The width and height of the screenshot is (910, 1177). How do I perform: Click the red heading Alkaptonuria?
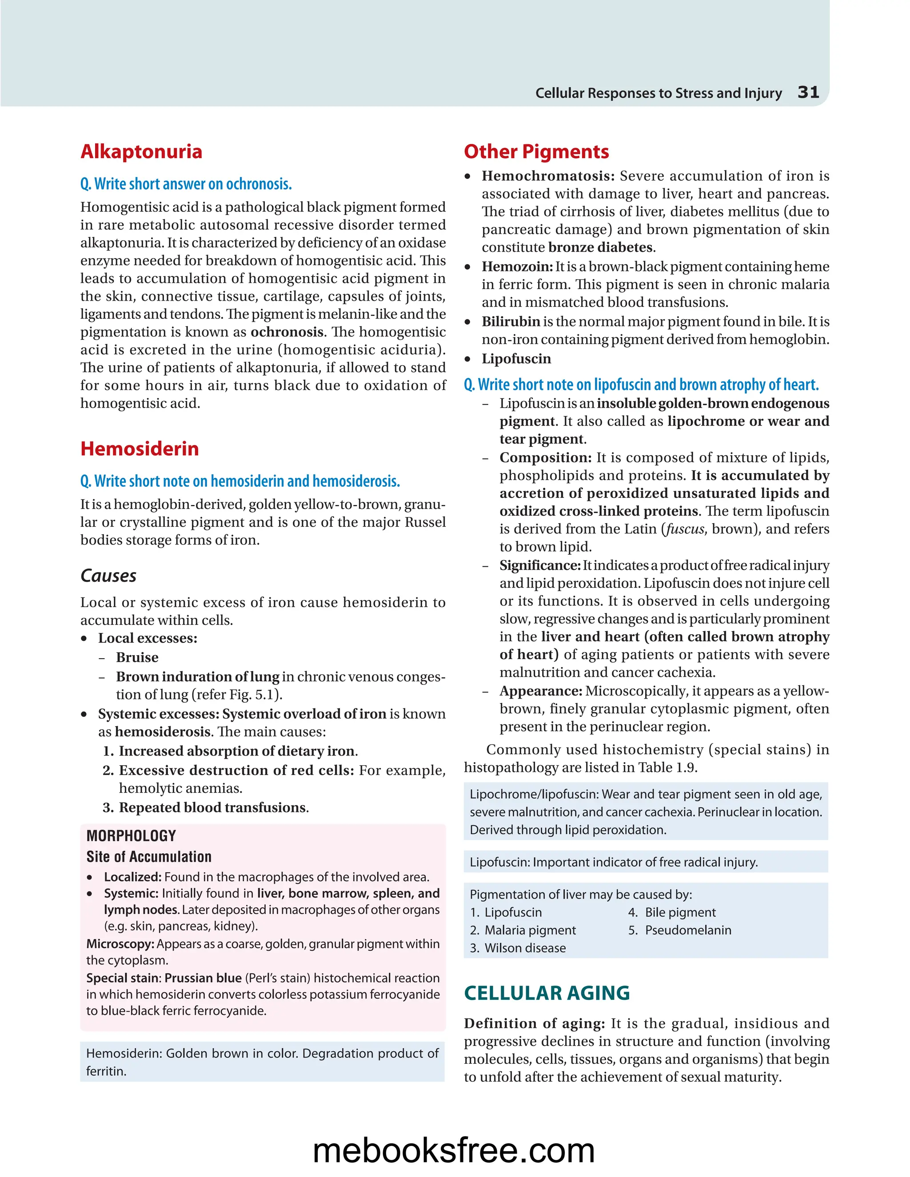point(141,151)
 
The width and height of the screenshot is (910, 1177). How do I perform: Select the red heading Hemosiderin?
point(140,449)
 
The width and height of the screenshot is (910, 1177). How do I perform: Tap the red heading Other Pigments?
point(536,151)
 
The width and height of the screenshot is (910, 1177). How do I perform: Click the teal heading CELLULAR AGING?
point(547,993)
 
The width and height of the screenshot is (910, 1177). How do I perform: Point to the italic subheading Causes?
point(108,576)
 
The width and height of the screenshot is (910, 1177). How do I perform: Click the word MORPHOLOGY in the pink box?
point(131,836)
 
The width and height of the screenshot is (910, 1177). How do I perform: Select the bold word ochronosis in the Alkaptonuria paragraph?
point(287,332)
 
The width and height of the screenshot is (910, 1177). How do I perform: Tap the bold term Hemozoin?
point(516,267)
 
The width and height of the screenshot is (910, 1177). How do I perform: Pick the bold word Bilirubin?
point(511,322)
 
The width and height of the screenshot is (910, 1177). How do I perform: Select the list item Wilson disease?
point(525,948)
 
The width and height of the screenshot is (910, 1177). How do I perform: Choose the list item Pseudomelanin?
point(688,930)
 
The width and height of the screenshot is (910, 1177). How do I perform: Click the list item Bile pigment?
point(680,912)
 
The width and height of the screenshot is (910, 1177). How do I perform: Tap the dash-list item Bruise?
point(137,657)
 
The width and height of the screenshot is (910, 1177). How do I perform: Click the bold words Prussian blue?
point(203,978)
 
